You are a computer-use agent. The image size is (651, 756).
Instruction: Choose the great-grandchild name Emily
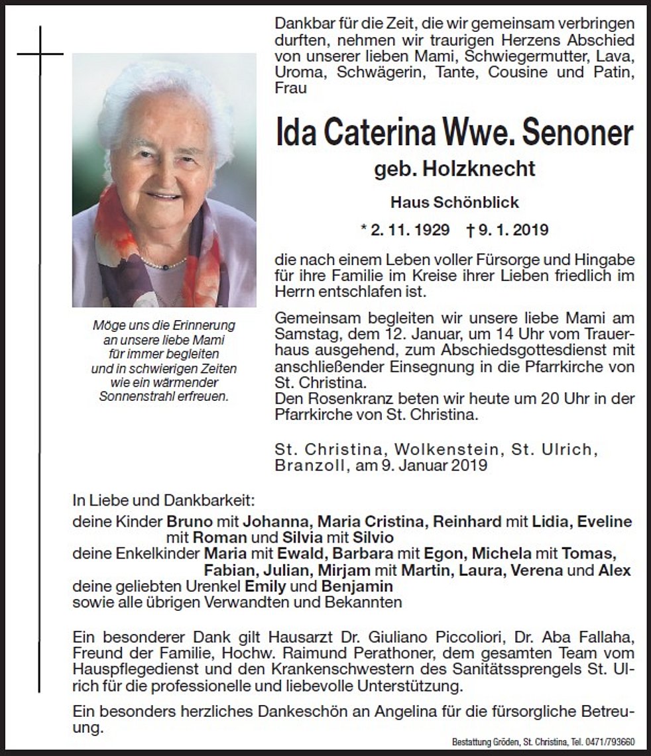[x=265, y=586]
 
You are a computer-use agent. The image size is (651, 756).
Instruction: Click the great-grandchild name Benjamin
[x=357, y=586]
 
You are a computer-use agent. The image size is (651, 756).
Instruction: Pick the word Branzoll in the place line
[x=307, y=465]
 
